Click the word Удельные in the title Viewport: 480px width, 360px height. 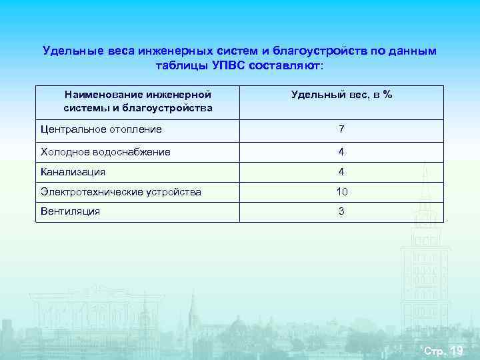pos(67,51)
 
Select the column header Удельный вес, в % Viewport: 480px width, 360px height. pos(341,95)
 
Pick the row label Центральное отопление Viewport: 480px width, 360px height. pos(101,129)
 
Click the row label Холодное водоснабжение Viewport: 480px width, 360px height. pos(105,152)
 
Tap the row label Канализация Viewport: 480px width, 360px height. pos(73,172)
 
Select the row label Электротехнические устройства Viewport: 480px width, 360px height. pos(121,192)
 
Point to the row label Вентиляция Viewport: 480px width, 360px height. pos(70,211)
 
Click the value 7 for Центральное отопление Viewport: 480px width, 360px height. pos(341,129)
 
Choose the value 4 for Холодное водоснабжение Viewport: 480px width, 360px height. pos(341,152)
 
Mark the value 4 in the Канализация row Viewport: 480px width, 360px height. pos(341,172)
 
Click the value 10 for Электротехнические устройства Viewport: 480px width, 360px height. pos(341,192)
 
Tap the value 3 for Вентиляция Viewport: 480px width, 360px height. pos(341,211)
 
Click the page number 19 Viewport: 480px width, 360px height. pos(457,351)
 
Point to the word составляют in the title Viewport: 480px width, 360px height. pos(288,66)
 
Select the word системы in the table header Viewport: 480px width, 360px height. pos(83,107)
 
